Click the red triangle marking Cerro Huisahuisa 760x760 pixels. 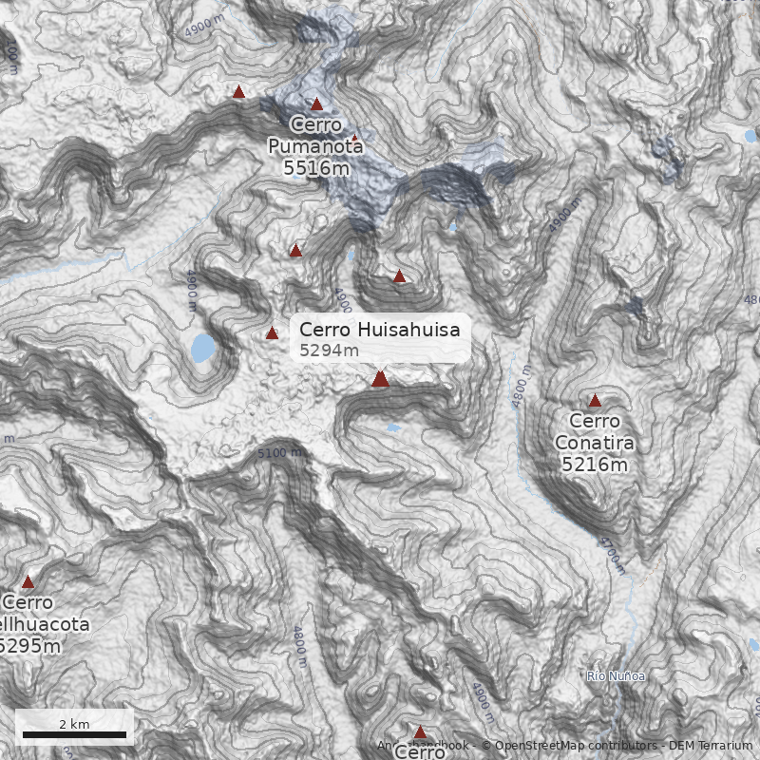click(380, 379)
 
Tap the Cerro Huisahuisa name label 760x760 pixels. click(379, 330)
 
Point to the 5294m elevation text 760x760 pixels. click(329, 351)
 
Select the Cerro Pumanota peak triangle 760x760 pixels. click(317, 104)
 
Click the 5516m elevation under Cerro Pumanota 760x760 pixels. click(315, 168)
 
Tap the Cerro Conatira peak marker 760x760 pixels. click(595, 401)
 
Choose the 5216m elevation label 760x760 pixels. click(594, 465)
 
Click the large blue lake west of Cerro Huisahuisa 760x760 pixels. click(202, 349)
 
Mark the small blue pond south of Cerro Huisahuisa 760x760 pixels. click(393, 428)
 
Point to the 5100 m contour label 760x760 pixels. click(280, 453)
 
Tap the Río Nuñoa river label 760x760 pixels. click(616, 676)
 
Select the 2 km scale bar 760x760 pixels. click(74, 734)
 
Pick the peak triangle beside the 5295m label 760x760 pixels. click(28, 582)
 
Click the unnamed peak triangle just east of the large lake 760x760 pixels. click(272, 333)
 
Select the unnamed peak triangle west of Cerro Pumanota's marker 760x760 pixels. click(238, 92)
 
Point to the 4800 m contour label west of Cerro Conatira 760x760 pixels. click(520, 386)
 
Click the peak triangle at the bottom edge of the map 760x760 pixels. click(420, 732)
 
